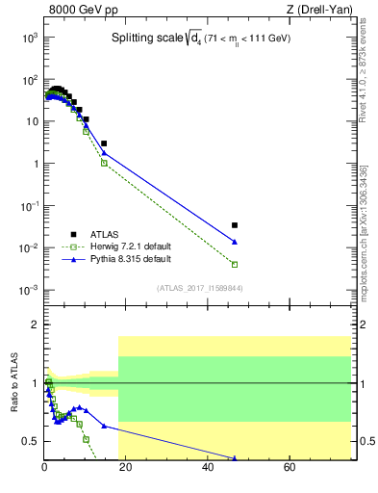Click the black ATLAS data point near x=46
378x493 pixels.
click(235, 225)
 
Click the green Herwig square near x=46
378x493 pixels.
click(235, 264)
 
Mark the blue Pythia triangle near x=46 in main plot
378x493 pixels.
click(235, 242)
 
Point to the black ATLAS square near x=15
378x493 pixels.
click(104, 143)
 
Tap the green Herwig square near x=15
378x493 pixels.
click(104, 163)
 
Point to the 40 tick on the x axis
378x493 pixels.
click(209, 468)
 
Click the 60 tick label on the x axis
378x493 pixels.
click(290, 468)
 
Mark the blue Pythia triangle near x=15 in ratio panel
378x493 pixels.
click(104, 426)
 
